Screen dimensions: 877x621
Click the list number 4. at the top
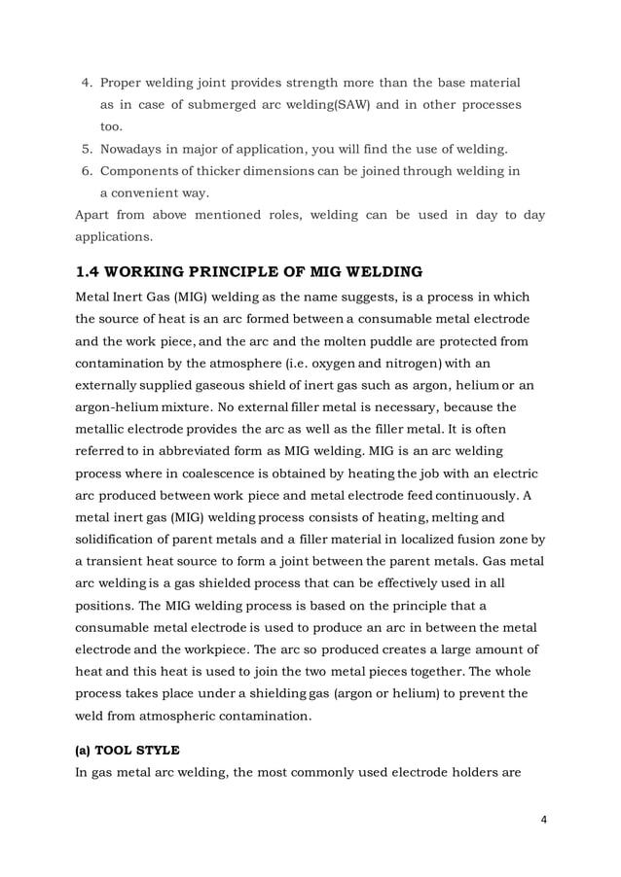point(86,82)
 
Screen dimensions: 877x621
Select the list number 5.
point(86,149)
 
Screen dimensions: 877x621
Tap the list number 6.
point(86,171)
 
